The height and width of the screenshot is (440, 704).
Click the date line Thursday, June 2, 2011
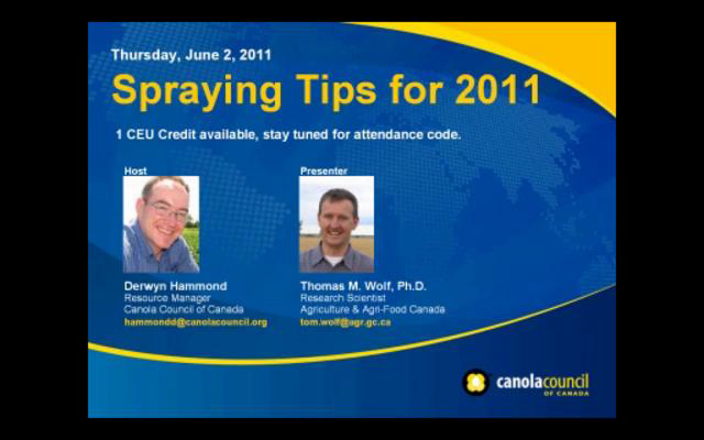[191, 55]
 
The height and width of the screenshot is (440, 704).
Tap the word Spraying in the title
[197, 91]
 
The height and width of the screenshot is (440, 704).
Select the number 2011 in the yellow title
[497, 89]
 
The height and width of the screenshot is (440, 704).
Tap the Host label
[136, 171]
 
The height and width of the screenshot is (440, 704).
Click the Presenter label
[324, 171]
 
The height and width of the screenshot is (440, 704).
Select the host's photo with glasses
[161, 224]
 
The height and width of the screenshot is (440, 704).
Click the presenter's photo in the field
[336, 224]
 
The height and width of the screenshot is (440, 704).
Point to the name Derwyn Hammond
[175, 286]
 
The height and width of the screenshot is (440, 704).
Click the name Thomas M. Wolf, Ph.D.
[363, 286]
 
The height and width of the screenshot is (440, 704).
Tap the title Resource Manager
[167, 298]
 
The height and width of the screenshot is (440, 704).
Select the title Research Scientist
[343, 298]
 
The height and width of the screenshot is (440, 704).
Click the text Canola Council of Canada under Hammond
[184, 309]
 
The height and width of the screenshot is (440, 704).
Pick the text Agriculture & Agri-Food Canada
[373, 310]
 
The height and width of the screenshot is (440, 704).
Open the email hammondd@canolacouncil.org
[196, 322]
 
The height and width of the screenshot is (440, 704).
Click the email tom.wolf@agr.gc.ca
[346, 322]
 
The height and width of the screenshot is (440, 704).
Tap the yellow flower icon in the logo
[476, 382]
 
